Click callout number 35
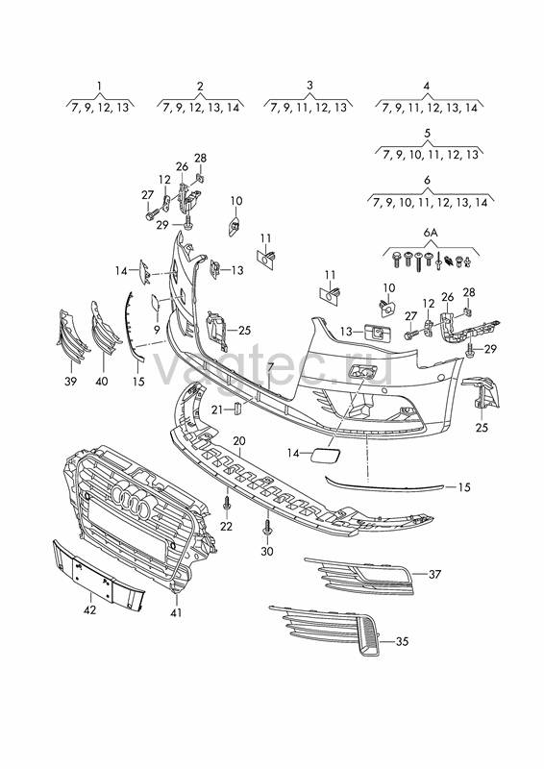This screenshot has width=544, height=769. pyautogui.click(x=402, y=641)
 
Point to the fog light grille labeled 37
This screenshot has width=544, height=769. pyautogui.click(x=359, y=576)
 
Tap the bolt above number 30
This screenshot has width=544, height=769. pyautogui.click(x=266, y=529)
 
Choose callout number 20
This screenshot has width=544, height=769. pyautogui.click(x=239, y=441)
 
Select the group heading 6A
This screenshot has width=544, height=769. pyautogui.click(x=431, y=233)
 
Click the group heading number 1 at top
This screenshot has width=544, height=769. pyautogui.click(x=100, y=87)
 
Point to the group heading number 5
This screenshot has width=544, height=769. pyautogui.click(x=427, y=133)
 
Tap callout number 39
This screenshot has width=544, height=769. pyautogui.click(x=70, y=381)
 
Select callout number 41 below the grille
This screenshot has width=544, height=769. pyautogui.click(x=176, y=612)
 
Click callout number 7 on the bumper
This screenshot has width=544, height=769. pyautogui.click(x=270, y=366)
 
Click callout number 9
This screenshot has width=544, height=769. pyautogui.click(x=157, y=329)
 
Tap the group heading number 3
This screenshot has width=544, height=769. pyautogui.click(x=309, y=86)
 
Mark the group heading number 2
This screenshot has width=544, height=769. pyautogui.click(x=200, y=86)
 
